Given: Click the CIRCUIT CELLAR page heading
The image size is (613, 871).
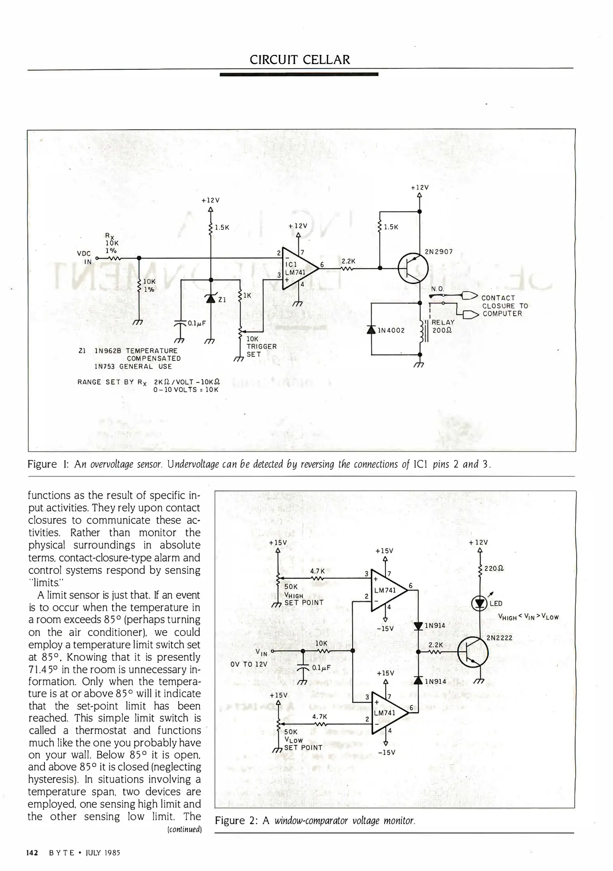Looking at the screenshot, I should point(300,60).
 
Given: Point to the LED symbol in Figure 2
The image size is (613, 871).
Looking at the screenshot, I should point(479,603).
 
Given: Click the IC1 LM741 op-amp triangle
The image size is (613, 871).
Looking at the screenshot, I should point(298,268).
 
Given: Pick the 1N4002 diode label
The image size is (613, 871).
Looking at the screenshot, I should point(391,331).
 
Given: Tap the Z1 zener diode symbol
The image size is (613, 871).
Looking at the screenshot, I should point(210,298).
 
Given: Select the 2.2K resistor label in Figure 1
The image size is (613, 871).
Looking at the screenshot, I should point(348,261).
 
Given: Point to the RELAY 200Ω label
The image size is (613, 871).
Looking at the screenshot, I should point(443,326).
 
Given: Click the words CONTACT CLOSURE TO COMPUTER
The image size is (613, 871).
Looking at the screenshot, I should point(504,306).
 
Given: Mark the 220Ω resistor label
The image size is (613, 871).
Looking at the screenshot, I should point(494,569).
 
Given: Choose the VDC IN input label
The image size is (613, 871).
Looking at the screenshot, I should point(84,257).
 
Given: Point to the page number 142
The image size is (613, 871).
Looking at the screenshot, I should point(32,852).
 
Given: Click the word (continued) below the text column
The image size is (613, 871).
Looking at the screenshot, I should point(184,829).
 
